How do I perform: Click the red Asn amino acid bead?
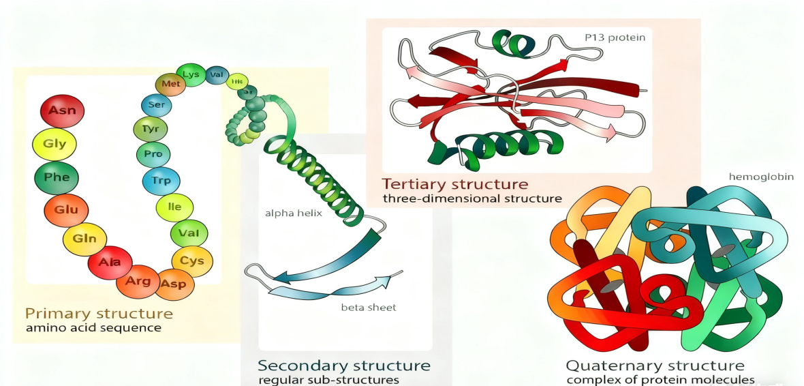point(62,110)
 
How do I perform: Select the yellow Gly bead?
point(55,144)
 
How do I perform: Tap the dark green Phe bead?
point(57,177)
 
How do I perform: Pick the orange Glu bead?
point(66,210)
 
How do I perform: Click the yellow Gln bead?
point(84,239)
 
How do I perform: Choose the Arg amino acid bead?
point(138,281)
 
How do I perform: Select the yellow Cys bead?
point(192,260)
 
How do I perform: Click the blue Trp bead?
point(161,181)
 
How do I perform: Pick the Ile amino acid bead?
point(174,207)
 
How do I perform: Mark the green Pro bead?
point(153,154)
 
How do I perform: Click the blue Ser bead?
point(156,105)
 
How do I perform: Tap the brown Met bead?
point(170,85)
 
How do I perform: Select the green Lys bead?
point(191,74)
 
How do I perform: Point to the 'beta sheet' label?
point(369,308)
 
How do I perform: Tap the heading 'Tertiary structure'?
point(454,184)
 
